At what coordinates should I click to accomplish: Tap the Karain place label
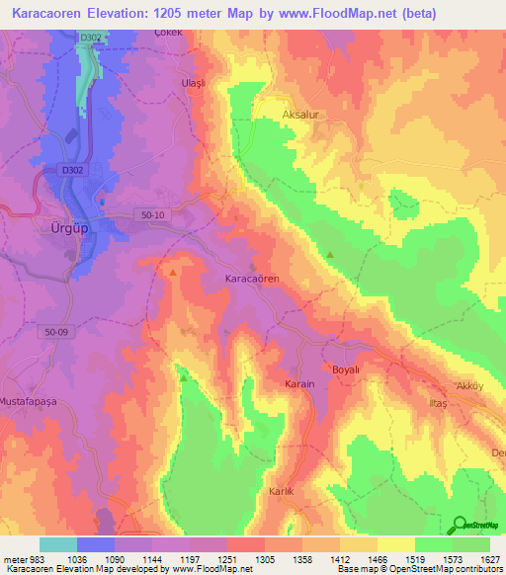click(299, 383)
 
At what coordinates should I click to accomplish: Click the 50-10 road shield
click(150, 215)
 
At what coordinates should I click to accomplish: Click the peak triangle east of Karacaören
click(331, 255)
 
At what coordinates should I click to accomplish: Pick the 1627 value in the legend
click(488, 559)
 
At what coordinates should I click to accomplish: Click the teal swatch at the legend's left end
click(58, 544)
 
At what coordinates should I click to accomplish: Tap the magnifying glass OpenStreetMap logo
click(459, 526)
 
